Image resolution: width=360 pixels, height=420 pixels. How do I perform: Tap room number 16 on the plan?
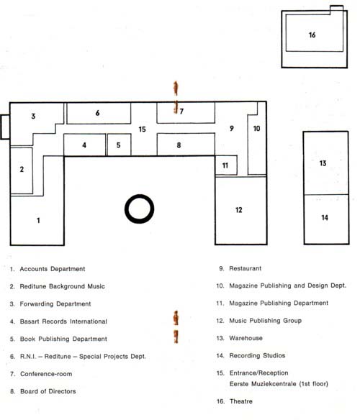pyautogui.click(x=312, y=35)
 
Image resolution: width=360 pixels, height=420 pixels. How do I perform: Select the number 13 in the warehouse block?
pyautogui.click(x=323, y=163)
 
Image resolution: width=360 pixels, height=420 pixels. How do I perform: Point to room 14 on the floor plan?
pyautogui.click(x=325, y=217)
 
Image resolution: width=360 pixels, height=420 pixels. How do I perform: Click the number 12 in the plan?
pyautogui.click(x=239, y=210)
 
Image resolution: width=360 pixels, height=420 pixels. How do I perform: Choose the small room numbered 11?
pyautogui.click(x=225, y=165)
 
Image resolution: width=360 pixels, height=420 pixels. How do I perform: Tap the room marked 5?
pyautogui.click(x=118, y=145)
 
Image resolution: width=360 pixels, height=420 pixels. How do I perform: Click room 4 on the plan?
pyautogui.click(x=84, y=145)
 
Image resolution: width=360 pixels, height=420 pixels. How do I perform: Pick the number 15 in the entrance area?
pyautogui.click(x=142, y=129)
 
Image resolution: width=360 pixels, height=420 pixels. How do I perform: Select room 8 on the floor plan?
pyautogui.click(x=179, y=145)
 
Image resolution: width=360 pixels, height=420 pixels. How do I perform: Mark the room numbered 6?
pyautogui.click(x=98, y=113)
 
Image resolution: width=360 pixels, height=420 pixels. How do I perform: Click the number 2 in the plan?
pyautogui.click(x=22, y=169)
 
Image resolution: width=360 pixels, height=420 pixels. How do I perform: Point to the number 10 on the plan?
pyautogui.click(x=257, y=129)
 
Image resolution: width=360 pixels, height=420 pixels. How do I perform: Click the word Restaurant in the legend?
pyautogui.click(x=246, y=268)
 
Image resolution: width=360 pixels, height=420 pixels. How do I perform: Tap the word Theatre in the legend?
pyautogui.click(x=241, y=401)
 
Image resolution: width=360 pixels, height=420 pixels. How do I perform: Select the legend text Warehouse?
pyautogui.click(x=246, y=338)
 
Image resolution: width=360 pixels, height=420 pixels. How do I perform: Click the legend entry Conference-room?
pyautogui.click(x=46, y=374)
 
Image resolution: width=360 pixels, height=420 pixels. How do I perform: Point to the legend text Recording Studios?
pyautogui.click(x=257, y=355)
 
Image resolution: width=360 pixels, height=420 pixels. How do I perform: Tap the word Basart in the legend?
pyautogui.click(x=30, y=321)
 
